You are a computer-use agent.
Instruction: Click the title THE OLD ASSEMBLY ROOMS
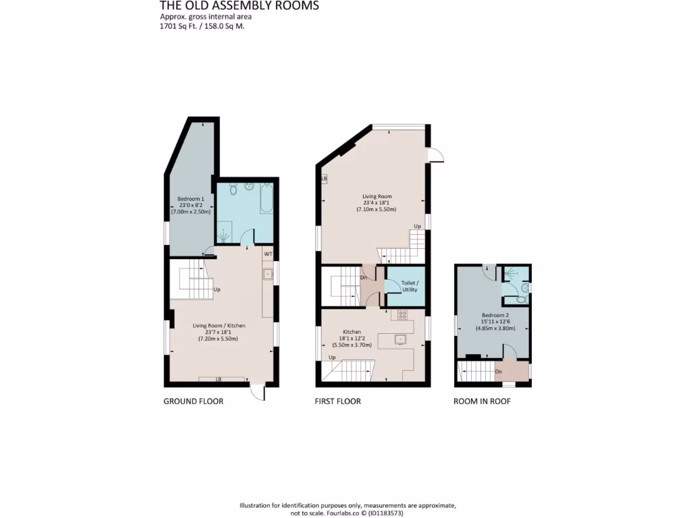239,6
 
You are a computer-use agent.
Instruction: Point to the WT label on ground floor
268,254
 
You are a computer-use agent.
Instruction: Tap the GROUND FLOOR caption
193,401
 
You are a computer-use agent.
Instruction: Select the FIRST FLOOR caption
337,401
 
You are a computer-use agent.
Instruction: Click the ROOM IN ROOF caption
482,401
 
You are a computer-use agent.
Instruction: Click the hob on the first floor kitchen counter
403,314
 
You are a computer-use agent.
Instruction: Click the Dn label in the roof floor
499,372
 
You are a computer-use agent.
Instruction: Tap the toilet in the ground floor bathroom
233,191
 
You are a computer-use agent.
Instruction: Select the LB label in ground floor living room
219,380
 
